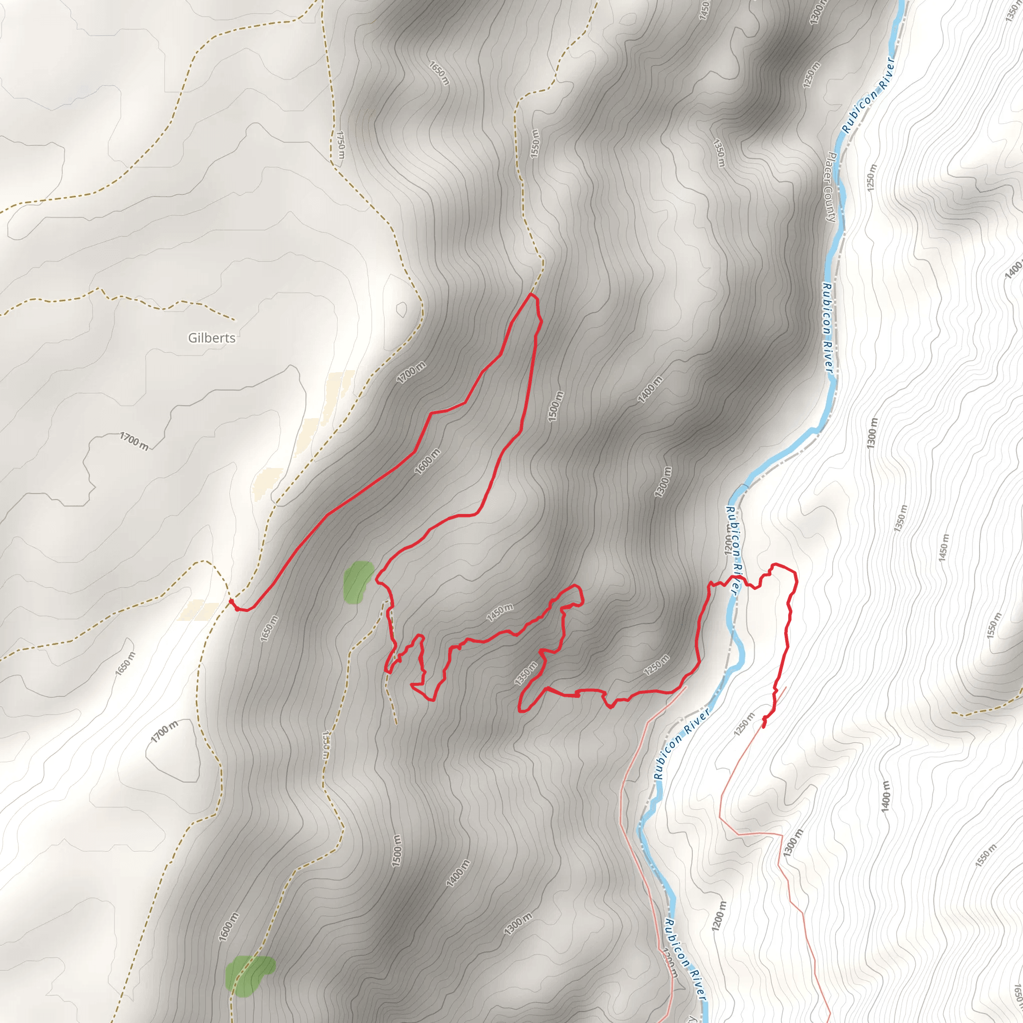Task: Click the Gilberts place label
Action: (212, 338)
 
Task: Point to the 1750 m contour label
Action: (341, 145)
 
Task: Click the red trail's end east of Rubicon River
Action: (764, 725)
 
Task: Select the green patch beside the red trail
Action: (358, 581)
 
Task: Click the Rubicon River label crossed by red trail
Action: (732, 550)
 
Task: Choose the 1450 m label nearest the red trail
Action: (500, 611)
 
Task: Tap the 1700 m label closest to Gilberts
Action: (411, 372)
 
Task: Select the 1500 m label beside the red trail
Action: (555, 406)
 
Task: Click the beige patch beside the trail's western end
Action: (199, 610)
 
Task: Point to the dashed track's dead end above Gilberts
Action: (235, 320)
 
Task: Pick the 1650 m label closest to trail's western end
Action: (269, 628)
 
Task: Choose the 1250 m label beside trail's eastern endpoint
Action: (744, 724)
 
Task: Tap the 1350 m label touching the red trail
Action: (526, 673)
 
